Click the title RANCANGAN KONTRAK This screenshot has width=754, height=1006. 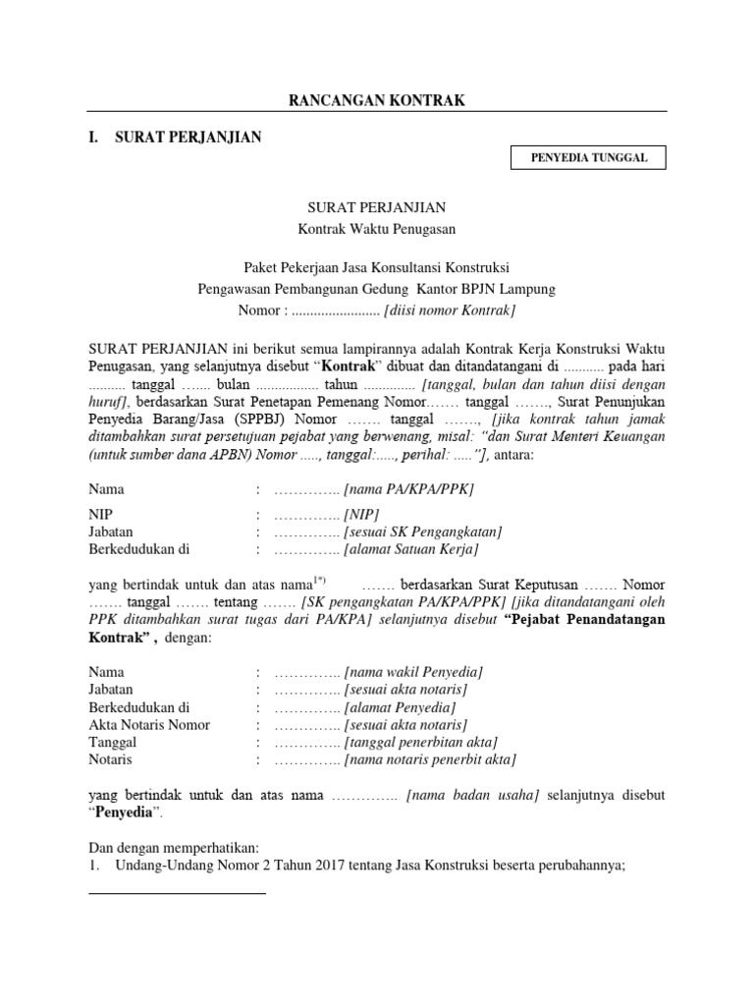coord(376,100)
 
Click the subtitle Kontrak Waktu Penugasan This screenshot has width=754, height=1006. coord(377,229)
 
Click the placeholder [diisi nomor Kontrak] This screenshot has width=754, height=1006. coord(451,310)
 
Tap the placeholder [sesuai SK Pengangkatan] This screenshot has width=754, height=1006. coord(423,531)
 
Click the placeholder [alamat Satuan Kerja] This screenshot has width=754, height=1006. coord(410,549)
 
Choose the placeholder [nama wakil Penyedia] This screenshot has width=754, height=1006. coord(413,672)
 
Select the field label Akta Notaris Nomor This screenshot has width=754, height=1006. coord(149,725)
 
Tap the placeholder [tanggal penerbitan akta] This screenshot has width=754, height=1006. coord(420,743)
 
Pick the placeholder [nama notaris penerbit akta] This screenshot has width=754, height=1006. coord(429,760)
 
